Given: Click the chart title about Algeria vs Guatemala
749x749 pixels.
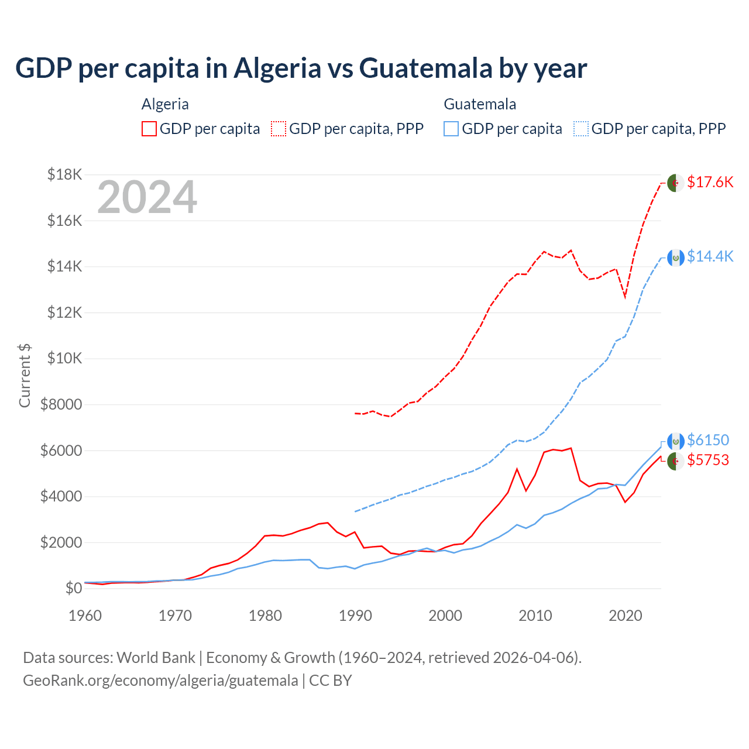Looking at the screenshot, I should (x=301, y=68).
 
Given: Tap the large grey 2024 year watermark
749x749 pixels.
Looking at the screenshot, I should (x=147, y=198).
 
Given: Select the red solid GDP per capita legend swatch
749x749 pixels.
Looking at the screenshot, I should (x=149, y=129).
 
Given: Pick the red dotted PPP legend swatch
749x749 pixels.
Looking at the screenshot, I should (x=279, y=129).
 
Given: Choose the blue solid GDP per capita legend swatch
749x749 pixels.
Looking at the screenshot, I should (x=451, y=129).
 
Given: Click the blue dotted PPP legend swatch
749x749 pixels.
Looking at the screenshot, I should (x=581, y=129).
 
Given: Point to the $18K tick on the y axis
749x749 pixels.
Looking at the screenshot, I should (x=65, y=174).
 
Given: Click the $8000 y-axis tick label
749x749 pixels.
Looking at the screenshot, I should (x=61, y=404).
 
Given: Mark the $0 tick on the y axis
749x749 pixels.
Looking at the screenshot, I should (x=73, y=588).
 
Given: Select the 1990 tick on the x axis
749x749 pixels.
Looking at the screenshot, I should (x=355, y=616).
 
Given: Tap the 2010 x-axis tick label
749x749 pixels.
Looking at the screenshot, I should (x=535, y=616).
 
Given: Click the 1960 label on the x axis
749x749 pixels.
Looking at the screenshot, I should (x=85, y=616).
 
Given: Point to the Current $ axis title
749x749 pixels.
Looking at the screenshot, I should (x=25, y=375).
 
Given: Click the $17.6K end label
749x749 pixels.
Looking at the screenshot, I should (x=710, y=182).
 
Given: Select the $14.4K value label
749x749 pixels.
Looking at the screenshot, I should (x=710, y=256).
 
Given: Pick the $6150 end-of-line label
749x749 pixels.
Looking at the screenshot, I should (x=708, y=440).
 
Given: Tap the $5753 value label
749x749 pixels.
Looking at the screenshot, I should (x=708, y=460).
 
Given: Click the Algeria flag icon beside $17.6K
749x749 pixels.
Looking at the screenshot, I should (x=676, y=183).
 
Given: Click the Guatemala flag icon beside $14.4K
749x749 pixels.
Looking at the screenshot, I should (x=676, y=257).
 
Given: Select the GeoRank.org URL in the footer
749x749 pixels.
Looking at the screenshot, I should (x=160, y=681).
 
